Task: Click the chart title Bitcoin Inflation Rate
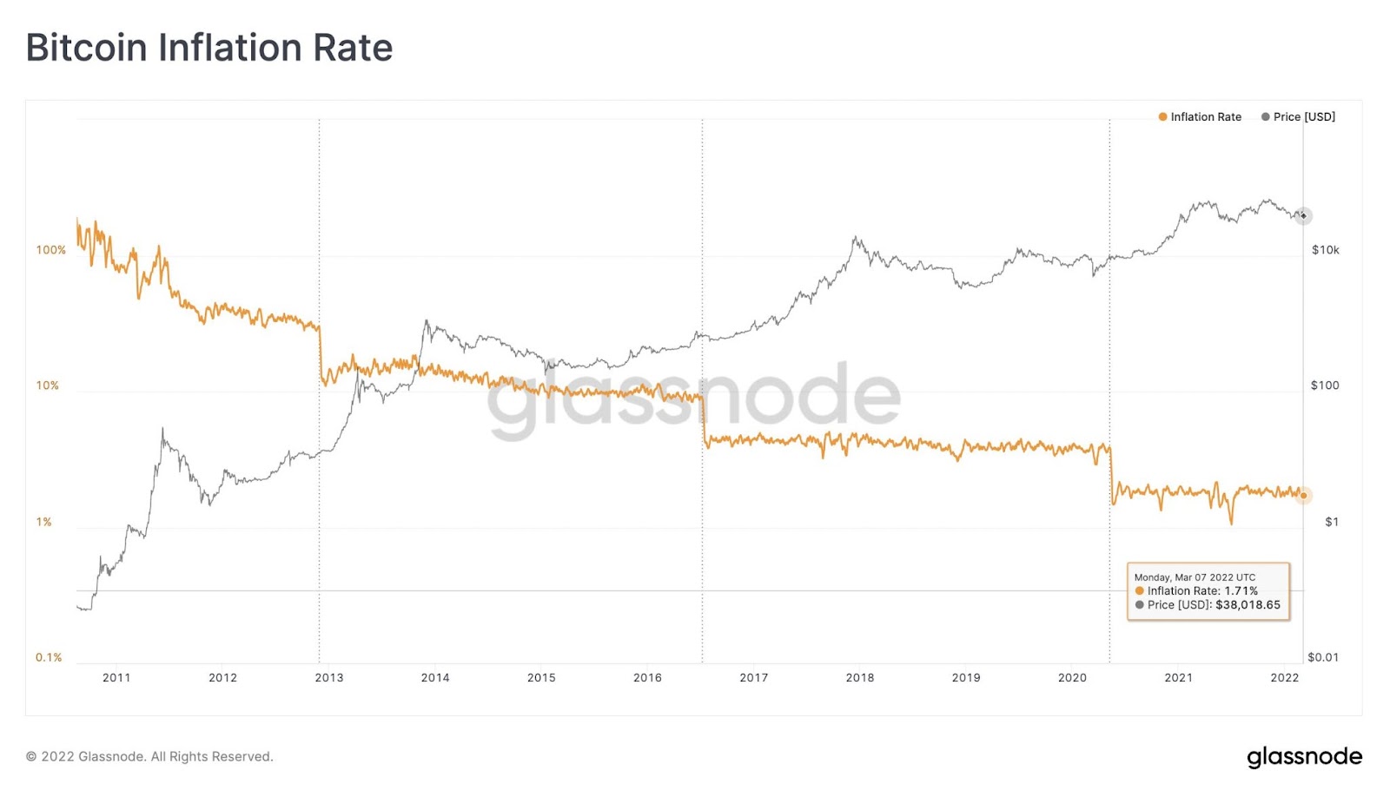tap(209, 48)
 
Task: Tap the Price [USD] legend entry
tap(1299, 117)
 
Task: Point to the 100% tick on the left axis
tap(51, 250)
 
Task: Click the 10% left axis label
tap(48, 385)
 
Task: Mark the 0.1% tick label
tap(49, 657)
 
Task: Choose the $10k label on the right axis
tap(1325, 250)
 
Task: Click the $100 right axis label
tap(1324, 385)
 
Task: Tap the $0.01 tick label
tap(1322, 657)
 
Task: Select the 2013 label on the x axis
tap(328, 678)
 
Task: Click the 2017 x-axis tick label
tap(753, 678)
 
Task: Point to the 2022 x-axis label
tap(1284, 678)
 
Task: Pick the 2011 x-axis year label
tap(116, 678)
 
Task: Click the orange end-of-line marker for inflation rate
tap(1303, 496)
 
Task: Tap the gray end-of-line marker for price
tap(1303, 215)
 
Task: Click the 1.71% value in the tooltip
tap(1241, 591)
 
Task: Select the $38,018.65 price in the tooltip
tap(1248, 605)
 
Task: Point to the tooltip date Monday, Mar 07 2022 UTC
tap(1195, 577)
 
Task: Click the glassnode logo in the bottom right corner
tap(1304, 757)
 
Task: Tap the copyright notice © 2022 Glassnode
tap(149, 757)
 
